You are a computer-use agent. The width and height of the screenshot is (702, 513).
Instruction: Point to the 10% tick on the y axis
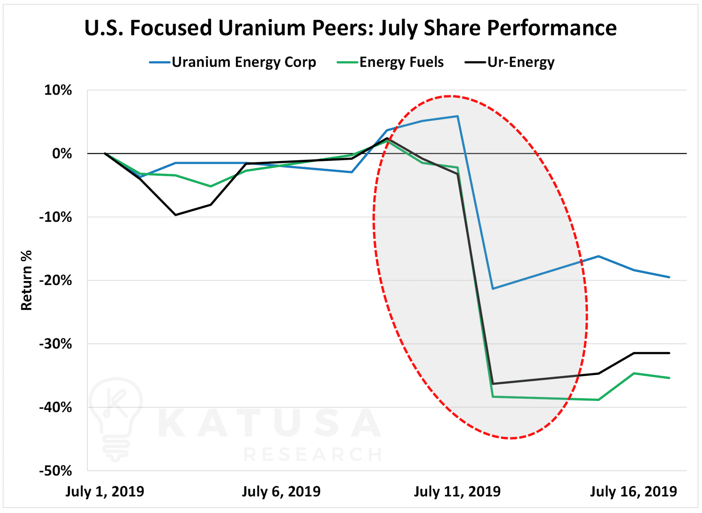pyautogui.click(x=58, y=90)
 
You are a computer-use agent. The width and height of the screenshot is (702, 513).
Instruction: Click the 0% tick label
pyautogui.click(x=62, y=154)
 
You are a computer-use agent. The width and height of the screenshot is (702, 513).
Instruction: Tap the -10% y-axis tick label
pyautogui.click(x=56, y=217)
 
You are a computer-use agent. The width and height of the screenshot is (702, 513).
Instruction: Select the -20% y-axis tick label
pyautogui.click(x=56, y=281)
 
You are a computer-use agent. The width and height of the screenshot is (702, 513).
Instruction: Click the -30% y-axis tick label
pyautogui.click(x=56, y=344)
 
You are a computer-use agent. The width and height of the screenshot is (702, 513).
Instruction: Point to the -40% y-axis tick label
pyautogui.click(x=56, y=407)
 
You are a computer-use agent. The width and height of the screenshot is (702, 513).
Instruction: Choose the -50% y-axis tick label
pyautogui.click(x=56, y=471)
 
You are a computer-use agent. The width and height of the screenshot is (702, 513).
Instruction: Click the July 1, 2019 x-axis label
pyautogui.click(x=105, y=491)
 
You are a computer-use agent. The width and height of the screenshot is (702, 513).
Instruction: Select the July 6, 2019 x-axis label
pyautogui.click(x=281, y=491)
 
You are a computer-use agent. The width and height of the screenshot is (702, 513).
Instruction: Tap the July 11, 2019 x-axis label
pyautogui.click(x=457, y=491)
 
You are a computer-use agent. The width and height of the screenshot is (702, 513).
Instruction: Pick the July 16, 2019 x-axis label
pyautogui.click(x=633, y=491)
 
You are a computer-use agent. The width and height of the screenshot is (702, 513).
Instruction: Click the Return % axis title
pyautogui.click(x=26, y=280)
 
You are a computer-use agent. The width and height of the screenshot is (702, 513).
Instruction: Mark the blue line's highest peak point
pyautogui.click(x=458, y=116)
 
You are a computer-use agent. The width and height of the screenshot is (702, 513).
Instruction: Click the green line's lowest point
pyautogui.click(x=598, y=400)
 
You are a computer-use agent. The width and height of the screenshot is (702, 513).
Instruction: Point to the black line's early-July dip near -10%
pyautogui.click(x=175, y=215)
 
